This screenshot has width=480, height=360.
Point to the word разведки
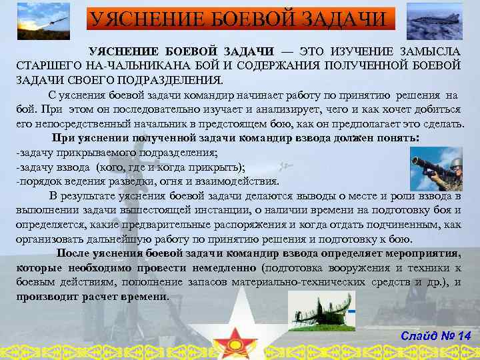tap(137, 181)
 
